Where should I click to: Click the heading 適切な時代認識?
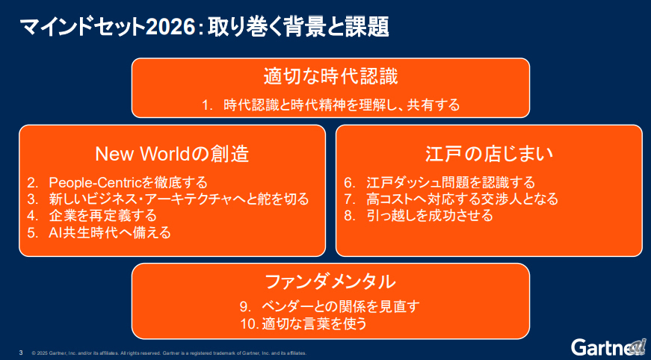pos(330,77)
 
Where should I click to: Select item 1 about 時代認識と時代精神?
pos(330,105)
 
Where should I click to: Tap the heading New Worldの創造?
pos(172,154)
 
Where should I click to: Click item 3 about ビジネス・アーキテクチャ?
pos(168,199)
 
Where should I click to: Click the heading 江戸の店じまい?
pos(489,154)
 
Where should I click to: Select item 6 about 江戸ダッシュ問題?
pos(439,182)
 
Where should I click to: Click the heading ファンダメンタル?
pos(330,282)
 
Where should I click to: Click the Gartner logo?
pos(608,347)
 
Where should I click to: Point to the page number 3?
pos(20,352)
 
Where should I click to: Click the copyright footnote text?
pos(169,353)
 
